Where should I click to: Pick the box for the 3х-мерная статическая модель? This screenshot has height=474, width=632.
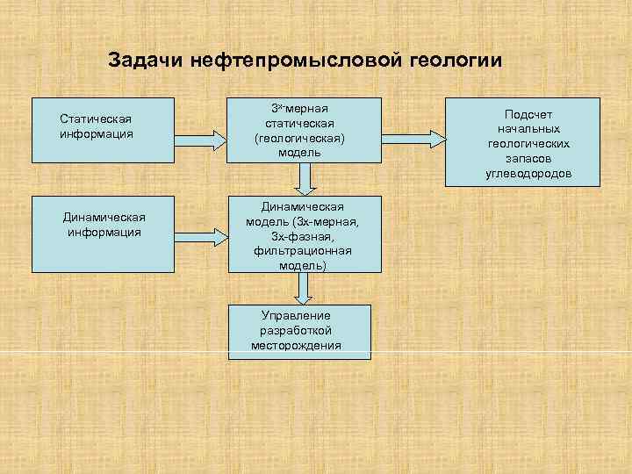coord(305,129)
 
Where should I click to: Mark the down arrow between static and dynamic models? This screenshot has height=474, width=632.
coord(304,179)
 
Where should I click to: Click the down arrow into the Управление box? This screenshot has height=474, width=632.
coord(304,288)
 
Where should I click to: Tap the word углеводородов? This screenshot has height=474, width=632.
coord(528,174)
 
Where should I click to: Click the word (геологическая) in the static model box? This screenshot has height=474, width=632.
coord(300,139)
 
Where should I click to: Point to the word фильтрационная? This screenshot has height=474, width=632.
coord(301,251)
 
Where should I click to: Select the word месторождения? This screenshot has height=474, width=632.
coord(297,345)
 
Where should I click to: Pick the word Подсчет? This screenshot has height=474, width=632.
coord(528,115)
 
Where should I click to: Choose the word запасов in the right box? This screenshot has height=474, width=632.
coord(528,160)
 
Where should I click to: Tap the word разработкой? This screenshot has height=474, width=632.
coord(296,330)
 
